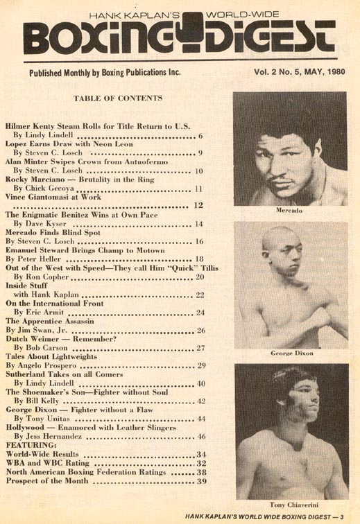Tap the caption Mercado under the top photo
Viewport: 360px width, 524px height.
289,209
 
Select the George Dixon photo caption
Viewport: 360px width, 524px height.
290,353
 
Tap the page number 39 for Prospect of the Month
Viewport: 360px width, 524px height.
202,481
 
